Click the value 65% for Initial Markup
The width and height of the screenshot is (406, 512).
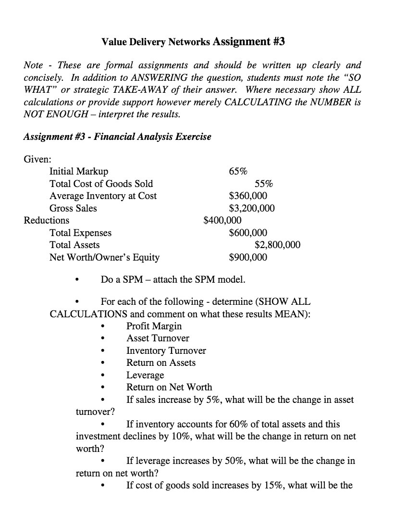click(x=238, y=171)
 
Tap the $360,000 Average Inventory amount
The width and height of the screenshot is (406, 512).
click(x=248, y=196)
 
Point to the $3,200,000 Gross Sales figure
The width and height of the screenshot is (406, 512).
click(x=252, y=208)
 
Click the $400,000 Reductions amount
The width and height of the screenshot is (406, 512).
click(x=222, y=220)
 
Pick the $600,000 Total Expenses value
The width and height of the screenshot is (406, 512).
click(x=248, y=233)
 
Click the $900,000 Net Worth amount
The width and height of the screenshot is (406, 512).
click(x=248, y=257)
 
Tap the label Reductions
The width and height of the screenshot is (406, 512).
click(x=47, y=220)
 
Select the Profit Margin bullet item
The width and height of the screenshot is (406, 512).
click(x=154, y=326)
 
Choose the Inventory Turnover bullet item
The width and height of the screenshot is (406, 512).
click(x=166, y=350)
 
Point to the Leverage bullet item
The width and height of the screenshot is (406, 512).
click(x=145, y=375)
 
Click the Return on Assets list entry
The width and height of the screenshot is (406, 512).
click(x=161, y=362)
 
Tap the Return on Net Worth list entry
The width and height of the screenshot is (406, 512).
click(x=169, y=387)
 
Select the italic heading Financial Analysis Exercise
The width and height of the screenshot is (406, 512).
click(x=152, y=137)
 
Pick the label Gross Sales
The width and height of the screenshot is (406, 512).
click(x=73, y=208)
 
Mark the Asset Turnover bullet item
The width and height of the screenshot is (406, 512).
click(x=158, y=338)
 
